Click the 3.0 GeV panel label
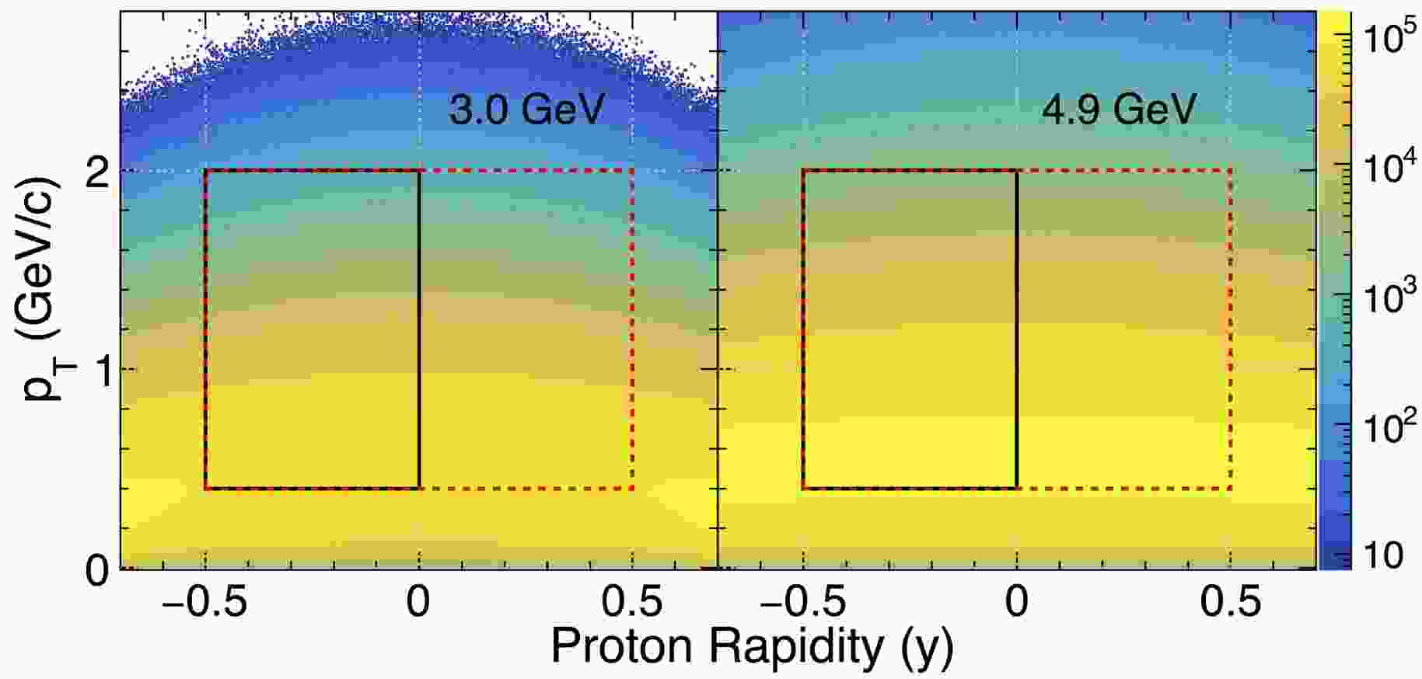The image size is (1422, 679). [526, 110]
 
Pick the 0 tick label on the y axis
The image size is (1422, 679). [97, 570]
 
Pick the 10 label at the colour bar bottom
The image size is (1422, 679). [1384, 555]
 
